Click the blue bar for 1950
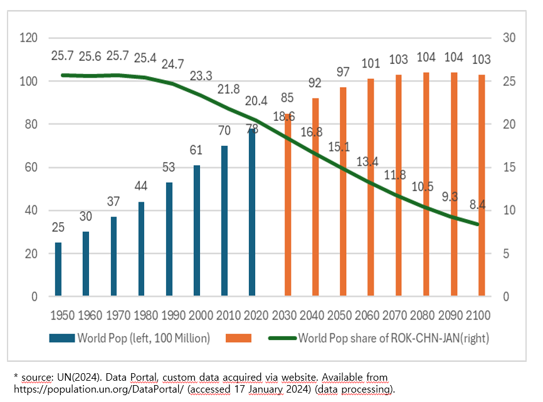pos(58,269)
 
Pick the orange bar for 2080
pos(426,184)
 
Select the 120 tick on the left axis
pos(29,38)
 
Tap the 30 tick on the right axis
pos(509,38)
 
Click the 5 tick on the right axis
pos(509,254)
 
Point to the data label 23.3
pos(202,76)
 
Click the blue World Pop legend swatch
pos(62,338)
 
